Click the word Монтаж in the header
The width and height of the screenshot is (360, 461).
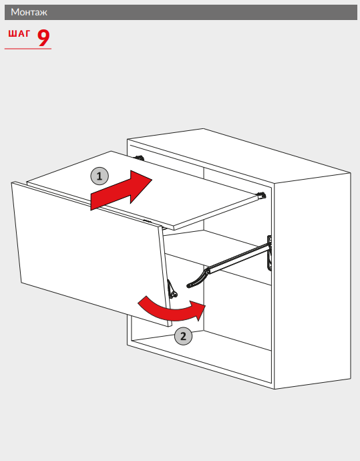pos(29,12)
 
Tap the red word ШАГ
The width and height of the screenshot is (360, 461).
pos(19,33)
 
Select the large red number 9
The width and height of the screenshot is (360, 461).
pos(43,37)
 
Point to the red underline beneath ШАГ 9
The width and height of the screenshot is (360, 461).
pos(28,49)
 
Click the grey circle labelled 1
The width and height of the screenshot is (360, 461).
pos(100,176)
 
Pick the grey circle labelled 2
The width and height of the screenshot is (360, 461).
pos(183,336)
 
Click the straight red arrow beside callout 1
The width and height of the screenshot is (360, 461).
pos(120,190)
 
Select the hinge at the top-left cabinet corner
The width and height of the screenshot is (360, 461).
pos(139,158)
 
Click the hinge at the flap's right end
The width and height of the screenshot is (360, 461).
pos(261,195)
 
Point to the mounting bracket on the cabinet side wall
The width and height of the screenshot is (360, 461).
pos(269,253)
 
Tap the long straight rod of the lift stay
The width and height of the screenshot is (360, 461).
pos(238,258)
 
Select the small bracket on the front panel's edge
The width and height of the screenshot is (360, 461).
pos(172,289)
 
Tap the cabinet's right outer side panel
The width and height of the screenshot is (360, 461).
pos(312,281)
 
